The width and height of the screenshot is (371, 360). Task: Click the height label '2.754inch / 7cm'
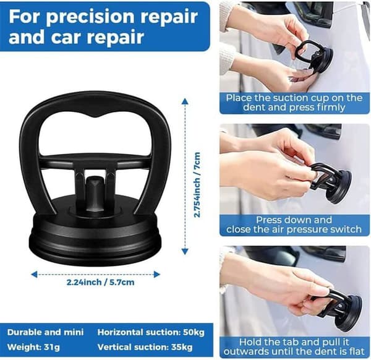[x=197, y=184]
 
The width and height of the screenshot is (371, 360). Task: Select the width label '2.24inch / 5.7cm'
[x=100, y=282]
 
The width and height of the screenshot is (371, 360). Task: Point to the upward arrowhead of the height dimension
[x=185, y=101]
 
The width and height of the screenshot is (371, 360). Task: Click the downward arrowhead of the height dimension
[x=185, y=251]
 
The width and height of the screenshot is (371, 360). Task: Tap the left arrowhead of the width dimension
[x=34, y=275]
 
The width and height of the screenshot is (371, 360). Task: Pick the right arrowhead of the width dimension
[x=156, y=275]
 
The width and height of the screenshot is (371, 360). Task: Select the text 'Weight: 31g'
[x=33, y=347]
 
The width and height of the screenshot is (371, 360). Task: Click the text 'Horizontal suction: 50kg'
[x=151, y=332]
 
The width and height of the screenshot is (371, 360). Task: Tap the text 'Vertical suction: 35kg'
[x=145, y=347]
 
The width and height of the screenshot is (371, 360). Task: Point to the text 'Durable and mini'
[x=45, y=332]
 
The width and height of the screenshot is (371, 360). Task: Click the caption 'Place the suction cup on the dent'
[x=294, y=103]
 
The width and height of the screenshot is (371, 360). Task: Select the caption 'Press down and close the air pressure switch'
[x=294, y=225]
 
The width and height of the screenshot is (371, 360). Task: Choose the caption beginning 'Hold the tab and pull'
[x=294, y=347]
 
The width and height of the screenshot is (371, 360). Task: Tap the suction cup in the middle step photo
[x=331, y=182]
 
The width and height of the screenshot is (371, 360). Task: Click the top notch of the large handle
[x=96, y=116]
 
